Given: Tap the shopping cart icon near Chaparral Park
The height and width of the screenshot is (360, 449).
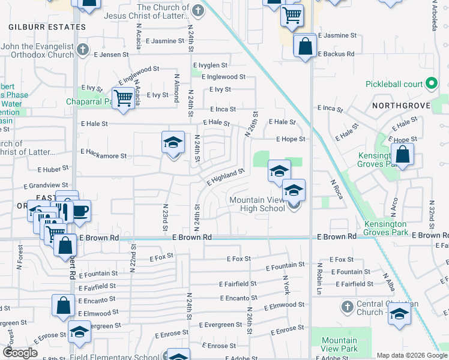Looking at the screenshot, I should (x=123, y=98).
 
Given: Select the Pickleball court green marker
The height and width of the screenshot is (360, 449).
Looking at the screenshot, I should (x=431, y=85).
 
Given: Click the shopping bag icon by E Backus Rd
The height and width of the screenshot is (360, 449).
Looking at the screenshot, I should (x=305, y=46).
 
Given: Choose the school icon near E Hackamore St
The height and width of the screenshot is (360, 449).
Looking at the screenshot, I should (x=173, y=143).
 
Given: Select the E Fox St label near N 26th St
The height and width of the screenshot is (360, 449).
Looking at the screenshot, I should (x=238, y=259).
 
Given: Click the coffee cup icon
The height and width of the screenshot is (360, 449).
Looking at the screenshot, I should (x=80, y=211).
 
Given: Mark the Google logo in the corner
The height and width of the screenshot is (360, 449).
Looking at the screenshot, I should (x=20, y=353).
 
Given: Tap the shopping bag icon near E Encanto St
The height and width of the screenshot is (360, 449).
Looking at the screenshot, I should (x=64, y=305).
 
